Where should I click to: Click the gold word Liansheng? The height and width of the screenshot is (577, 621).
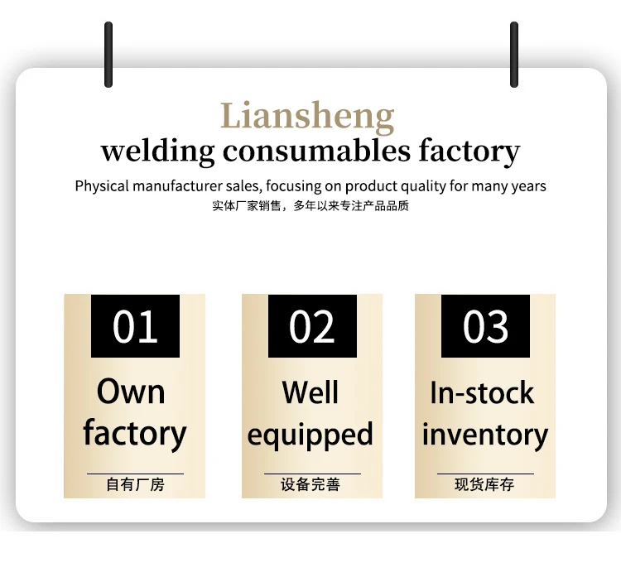tap(307, 117)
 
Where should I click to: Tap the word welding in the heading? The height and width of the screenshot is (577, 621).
tap(156, 152)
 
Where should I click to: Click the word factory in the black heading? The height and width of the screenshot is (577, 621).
tap(469, 152)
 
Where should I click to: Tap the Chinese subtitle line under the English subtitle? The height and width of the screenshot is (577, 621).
tap(310, 206)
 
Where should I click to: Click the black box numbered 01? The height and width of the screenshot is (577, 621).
tap(135, 326)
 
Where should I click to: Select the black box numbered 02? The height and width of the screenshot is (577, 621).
tap(312, 326)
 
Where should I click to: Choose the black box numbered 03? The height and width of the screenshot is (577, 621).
tap(485, 326)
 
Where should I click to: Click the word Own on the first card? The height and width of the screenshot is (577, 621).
tap(132, 392)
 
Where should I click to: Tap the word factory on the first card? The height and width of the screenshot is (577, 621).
tap(134, 434)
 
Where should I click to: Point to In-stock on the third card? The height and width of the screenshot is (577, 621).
tap(482, 392)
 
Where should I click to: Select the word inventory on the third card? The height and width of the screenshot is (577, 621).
tap(485, 435)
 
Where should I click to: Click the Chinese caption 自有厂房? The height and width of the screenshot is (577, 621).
tap(135, 484)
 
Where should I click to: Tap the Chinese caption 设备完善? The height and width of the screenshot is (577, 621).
tap(310, 484)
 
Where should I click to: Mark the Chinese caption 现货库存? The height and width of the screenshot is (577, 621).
tap(484, 484)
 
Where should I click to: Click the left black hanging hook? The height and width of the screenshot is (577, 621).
tap(108, 55)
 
